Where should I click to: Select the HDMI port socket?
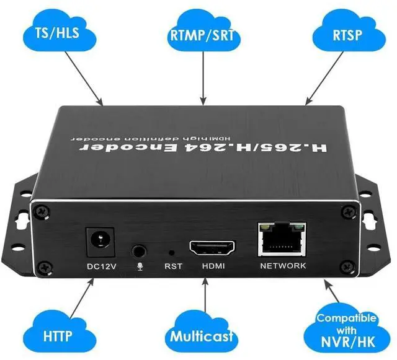coord(213,248)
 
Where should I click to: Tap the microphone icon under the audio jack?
coord(140,266)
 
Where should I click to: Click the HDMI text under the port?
coord(213,266)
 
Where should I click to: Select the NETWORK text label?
coord(283,266)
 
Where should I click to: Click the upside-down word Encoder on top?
coord(154,149)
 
